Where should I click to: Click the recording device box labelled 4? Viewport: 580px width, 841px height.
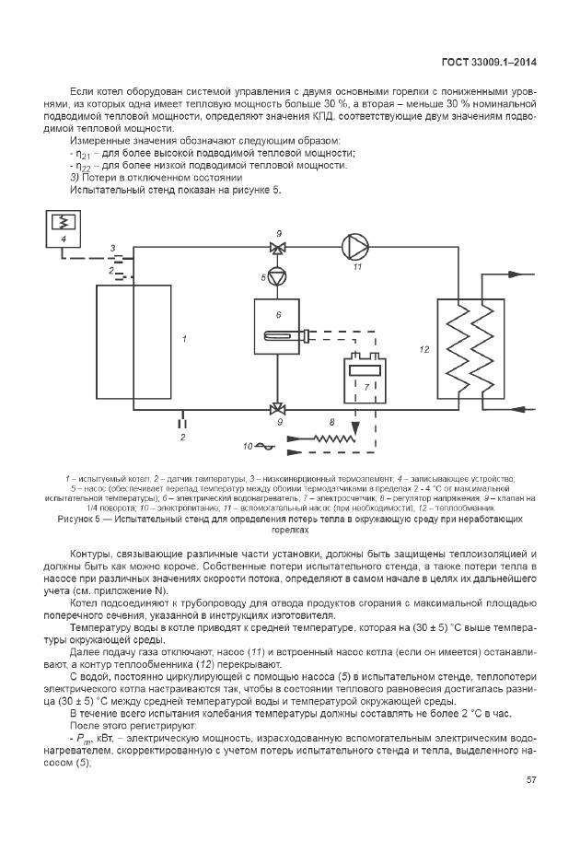64,229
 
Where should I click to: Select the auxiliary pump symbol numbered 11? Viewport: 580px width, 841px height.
355,247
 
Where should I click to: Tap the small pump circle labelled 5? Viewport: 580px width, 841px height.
277,276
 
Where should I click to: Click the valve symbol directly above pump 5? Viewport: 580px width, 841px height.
277,248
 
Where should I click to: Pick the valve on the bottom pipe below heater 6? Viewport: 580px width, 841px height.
277,410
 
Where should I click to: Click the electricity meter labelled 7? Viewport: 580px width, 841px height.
365,377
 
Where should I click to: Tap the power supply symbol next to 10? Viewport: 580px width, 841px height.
265,446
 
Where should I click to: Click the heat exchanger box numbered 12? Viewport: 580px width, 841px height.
470,349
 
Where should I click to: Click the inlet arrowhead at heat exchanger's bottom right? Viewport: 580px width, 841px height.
516,410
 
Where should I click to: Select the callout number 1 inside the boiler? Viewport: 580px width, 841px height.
184,339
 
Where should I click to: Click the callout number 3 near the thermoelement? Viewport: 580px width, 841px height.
112,249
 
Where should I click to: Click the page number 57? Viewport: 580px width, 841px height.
530,779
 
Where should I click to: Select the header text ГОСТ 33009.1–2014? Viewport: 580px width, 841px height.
489,63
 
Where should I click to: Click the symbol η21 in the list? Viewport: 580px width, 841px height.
83,155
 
